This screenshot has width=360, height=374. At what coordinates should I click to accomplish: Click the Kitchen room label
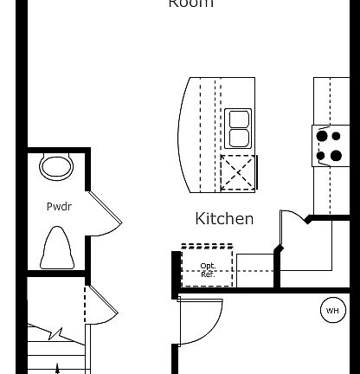[224, 218]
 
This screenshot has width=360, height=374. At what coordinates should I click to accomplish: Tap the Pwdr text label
[58, 207]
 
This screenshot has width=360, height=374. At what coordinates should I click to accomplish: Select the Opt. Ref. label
[208, 269]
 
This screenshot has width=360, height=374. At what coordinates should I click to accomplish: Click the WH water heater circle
[332, 311]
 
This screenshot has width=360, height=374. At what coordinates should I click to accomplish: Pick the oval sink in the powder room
[56, 167]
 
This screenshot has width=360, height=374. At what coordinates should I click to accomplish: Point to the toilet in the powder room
[56, 248]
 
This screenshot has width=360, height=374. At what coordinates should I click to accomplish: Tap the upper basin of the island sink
[238, 119]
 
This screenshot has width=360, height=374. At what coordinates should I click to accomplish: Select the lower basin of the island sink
[238, 138]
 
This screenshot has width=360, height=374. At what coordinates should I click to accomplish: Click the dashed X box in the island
[238, 171]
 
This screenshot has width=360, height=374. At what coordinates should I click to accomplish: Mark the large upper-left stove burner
[322, 136]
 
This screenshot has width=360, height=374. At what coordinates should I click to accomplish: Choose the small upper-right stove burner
[336, 136]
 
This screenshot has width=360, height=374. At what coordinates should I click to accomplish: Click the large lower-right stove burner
[336, 156]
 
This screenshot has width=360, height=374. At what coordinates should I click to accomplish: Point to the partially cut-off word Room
[190, 4]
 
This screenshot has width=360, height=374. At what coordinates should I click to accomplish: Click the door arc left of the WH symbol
[201, 322]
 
